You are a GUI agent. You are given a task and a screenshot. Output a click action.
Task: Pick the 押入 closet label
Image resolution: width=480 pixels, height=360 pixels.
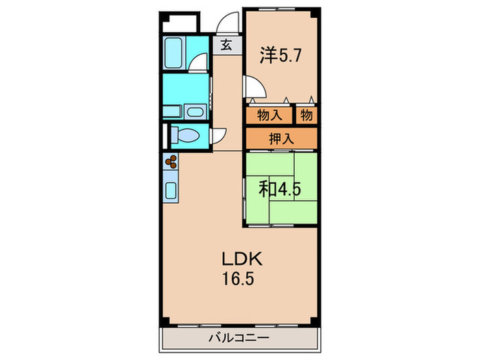point(280,138)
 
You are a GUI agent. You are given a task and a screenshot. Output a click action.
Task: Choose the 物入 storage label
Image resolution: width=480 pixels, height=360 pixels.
point(269,115)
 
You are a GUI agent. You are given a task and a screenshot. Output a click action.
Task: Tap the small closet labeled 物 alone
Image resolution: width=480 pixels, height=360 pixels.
point(307,115)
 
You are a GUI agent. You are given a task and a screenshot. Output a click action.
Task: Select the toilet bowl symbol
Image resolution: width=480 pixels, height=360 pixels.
point(186,135)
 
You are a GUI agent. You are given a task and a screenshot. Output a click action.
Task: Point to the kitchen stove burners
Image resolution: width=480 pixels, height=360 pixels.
point(171,162)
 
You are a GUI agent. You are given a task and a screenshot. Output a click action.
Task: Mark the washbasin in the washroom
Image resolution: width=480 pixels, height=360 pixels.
point(195,111)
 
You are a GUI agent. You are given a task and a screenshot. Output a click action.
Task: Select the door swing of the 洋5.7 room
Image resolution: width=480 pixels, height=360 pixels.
point(253,87)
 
